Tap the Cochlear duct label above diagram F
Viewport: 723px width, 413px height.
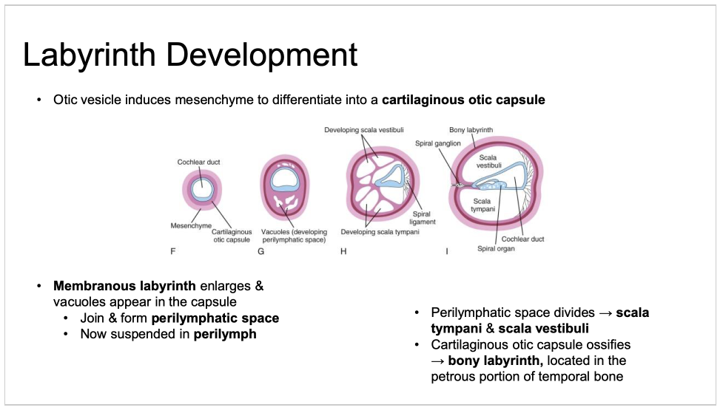[198, 162]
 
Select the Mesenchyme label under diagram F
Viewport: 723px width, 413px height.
[191, 225]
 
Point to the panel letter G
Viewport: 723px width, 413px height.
[260, 252]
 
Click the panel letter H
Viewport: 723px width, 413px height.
[343, 252]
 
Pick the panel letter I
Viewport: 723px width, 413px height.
[446, 252]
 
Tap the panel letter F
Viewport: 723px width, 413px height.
[172, 252]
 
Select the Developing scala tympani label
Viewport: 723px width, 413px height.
[380, 232]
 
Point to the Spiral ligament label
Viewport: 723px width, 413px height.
[423, 218]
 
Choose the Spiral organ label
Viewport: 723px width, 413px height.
[495, 249]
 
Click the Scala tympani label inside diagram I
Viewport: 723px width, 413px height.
[482, 205]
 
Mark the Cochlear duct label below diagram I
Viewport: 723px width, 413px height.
[522, 239]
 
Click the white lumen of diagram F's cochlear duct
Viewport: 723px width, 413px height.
[201, 188]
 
